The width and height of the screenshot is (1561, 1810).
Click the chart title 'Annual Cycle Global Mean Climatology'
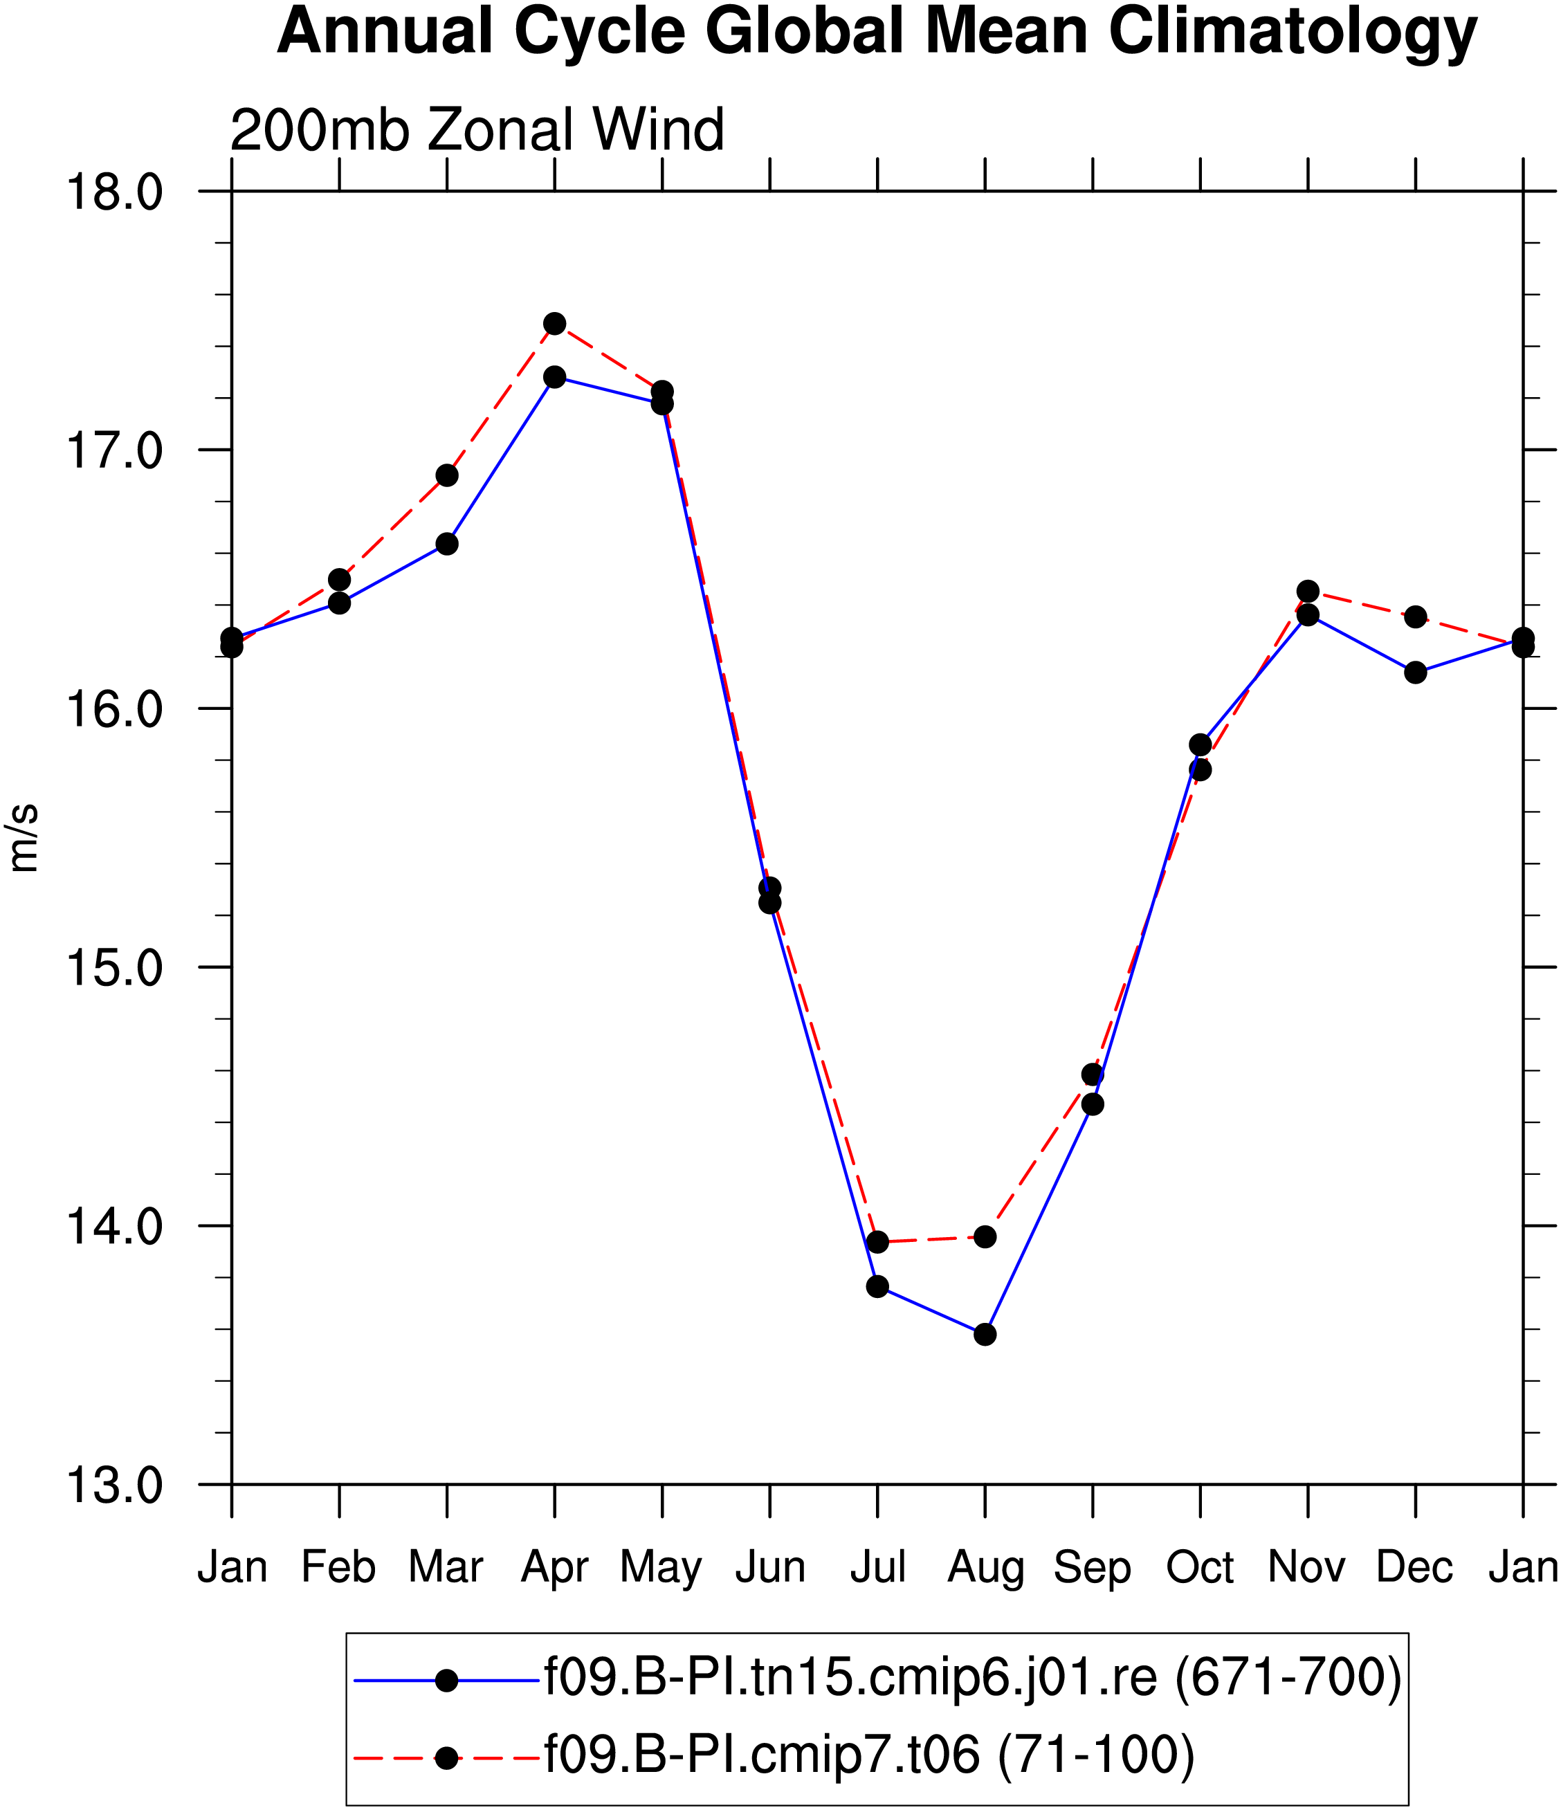[x=876, y=33]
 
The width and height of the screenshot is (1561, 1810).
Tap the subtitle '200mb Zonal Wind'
[x=477, y=130]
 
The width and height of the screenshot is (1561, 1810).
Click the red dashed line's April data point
[x=555, y=324]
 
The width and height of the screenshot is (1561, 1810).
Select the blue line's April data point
[x=555, y=377]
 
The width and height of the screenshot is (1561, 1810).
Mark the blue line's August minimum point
[x=985, y=1334]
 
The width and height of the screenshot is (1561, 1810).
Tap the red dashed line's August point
[x=985, y=1237]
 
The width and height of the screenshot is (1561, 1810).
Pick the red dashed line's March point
[x=447, y=475]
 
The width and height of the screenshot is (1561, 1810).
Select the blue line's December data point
[x=1416, y=673]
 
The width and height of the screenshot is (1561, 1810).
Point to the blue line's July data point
[x=878, y=1287]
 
